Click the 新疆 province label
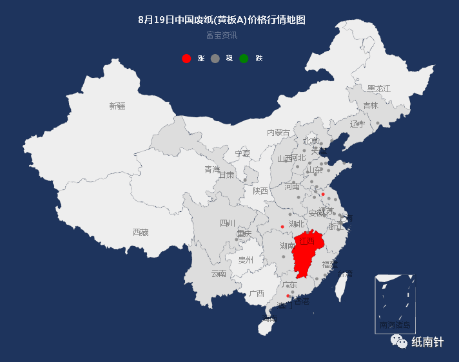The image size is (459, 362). tap(117, 106)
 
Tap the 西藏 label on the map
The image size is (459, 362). tap(141, 232)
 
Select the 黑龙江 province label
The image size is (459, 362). tap(378, 88)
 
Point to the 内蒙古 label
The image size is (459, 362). tap(278, 133)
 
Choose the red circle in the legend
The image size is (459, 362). tap(186, 59)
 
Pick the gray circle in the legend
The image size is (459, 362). tap(215, 59)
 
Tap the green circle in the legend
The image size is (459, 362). tap(244, 59)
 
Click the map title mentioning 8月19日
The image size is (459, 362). tap(222, 19)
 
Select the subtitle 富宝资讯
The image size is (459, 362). tap(222, 35)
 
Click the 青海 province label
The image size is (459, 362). tap(212, 169)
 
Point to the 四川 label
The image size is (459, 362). tap(228, 224)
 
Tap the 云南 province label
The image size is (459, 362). tap(219, 273)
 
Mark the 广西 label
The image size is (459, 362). tap(257, 293)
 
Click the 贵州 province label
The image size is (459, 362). tap(246, 260)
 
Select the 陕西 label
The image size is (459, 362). tap(260, 191)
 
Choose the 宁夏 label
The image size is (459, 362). tap(242, 154)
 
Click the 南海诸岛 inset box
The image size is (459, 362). tap(395, 303)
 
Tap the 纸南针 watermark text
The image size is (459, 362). tap(428, 342)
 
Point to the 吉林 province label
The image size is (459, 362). tap(370, 106)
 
